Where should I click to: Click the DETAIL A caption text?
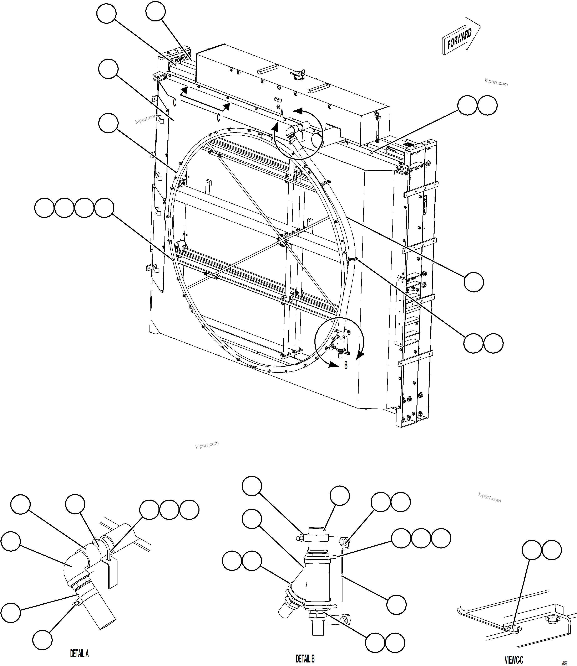pyautogui.click(x=79, y=654)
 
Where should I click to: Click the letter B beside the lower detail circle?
pyautogui.click(x=346, y=366)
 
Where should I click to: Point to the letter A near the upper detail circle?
pyautogui.click(x=282, y=113)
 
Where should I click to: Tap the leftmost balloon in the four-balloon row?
pyautogui.click(x=44, y=208)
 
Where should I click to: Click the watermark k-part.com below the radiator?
pyautogui.click(x=207, y=445)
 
